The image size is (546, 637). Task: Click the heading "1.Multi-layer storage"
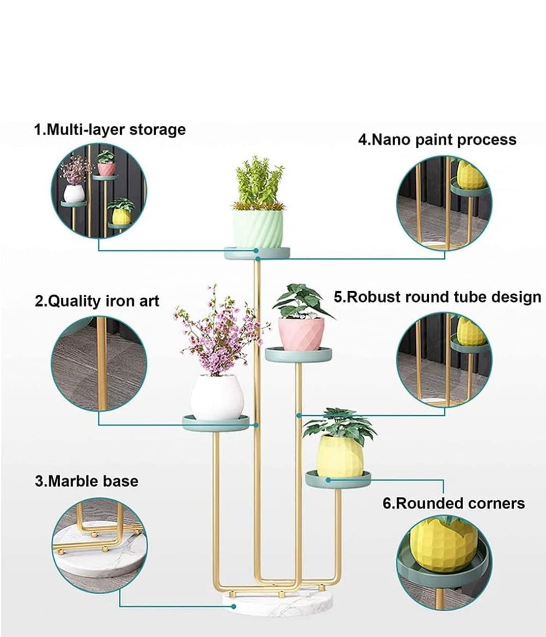pos(110,130)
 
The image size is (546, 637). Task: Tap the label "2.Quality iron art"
pos(97,301)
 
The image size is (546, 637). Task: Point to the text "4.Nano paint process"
pos(437,140)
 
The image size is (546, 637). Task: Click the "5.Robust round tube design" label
pos(437,298)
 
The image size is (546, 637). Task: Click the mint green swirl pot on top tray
pos(258,229)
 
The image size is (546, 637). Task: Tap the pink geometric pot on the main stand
pos(301,334)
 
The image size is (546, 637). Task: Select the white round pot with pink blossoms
pos(217,397)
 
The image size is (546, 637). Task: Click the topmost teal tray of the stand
pos(257,253)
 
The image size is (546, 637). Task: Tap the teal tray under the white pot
pos(216,422)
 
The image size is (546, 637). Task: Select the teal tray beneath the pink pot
pos(298,354)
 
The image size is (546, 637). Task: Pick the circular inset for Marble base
pos(99,546)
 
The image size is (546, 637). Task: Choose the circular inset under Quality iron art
pos(99,364)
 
